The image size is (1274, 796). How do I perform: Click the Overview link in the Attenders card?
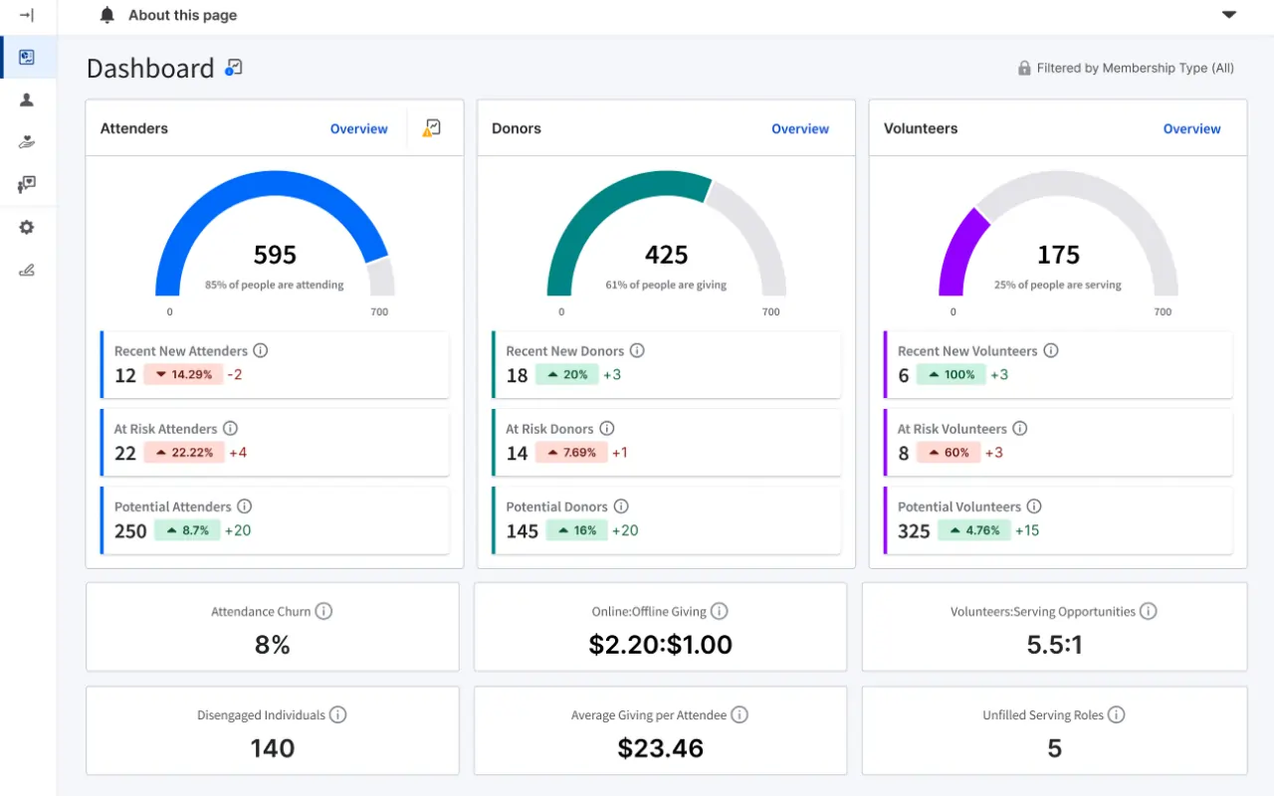(x=358, y=128)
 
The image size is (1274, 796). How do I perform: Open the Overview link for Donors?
(x=799, y=128)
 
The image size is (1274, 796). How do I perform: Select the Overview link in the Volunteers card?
(x=1191, y=128)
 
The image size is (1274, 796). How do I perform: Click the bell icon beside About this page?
(x=107, y=15)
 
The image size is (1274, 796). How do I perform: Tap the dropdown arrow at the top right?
(x=1229, y=15)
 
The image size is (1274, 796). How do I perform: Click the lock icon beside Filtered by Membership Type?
(x=1024, y=69)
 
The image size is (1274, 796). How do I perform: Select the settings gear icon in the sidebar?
(x=27, y=227)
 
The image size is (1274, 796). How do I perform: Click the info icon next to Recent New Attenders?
(x=261, y=350)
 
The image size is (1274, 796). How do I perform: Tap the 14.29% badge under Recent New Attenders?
(x=183, y=375)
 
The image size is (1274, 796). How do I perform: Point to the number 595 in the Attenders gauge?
(x=275, y=255)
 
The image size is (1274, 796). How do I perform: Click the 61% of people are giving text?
(x=666, y=285)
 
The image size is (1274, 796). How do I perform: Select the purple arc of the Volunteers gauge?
(x=959, y=249)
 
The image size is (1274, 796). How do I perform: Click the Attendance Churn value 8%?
(x=272, y=645)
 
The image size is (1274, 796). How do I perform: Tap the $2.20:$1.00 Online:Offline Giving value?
(x=660, y=645)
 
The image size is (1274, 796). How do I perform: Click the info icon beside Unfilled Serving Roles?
(x=1116, y=714)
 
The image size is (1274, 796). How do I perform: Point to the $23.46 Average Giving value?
(x=660, y=748)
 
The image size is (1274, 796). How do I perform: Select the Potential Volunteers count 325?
(x=914, y=531)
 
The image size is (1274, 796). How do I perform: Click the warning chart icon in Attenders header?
(x=432, y=127)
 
